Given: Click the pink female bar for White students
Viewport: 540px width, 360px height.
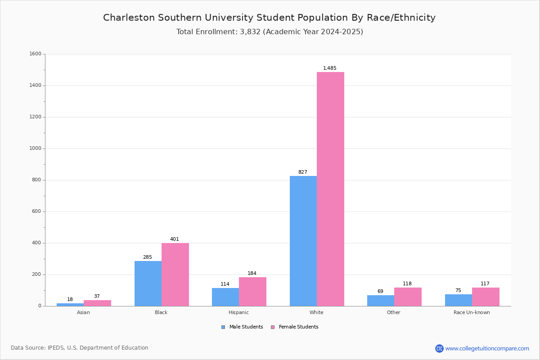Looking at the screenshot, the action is [x=330, y=189].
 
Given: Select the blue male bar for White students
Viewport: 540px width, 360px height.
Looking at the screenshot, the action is [x=303, y=241].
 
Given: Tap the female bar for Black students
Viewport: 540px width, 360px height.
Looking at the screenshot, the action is [x=175, y=274].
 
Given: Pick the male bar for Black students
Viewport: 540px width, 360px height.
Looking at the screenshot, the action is [x=148, y=283].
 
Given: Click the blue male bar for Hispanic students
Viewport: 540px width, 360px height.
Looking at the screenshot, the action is [x=225, y=297].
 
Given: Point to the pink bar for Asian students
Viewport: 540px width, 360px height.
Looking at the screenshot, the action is [x=97, y=303].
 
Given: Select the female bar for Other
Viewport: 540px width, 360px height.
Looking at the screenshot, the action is [x=408, y=297].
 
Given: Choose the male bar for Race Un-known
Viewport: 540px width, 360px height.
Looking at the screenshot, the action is [x=459, y=300].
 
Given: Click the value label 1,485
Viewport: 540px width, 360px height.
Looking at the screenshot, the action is [x=329, y=68].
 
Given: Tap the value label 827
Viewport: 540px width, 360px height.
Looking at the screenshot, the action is [x=302, y=172].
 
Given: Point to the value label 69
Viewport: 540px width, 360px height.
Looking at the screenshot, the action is [x=380, y=291].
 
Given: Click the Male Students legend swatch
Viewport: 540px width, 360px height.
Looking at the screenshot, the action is [x=223, y=327].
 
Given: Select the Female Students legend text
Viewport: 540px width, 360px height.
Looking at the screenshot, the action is [x=298, y=327].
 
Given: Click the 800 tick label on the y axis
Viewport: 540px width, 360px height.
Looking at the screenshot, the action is [x=36, y=180].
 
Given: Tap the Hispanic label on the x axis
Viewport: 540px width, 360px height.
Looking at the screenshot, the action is [x=238, y=312].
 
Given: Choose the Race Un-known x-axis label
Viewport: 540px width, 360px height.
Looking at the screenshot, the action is [x=472, y=312].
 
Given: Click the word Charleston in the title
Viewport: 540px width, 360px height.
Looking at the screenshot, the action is [x=129, y=18].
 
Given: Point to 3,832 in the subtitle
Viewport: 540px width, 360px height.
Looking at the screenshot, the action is [x=250, y=31].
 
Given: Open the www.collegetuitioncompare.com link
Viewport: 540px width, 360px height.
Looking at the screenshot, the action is [x=487, y=348].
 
